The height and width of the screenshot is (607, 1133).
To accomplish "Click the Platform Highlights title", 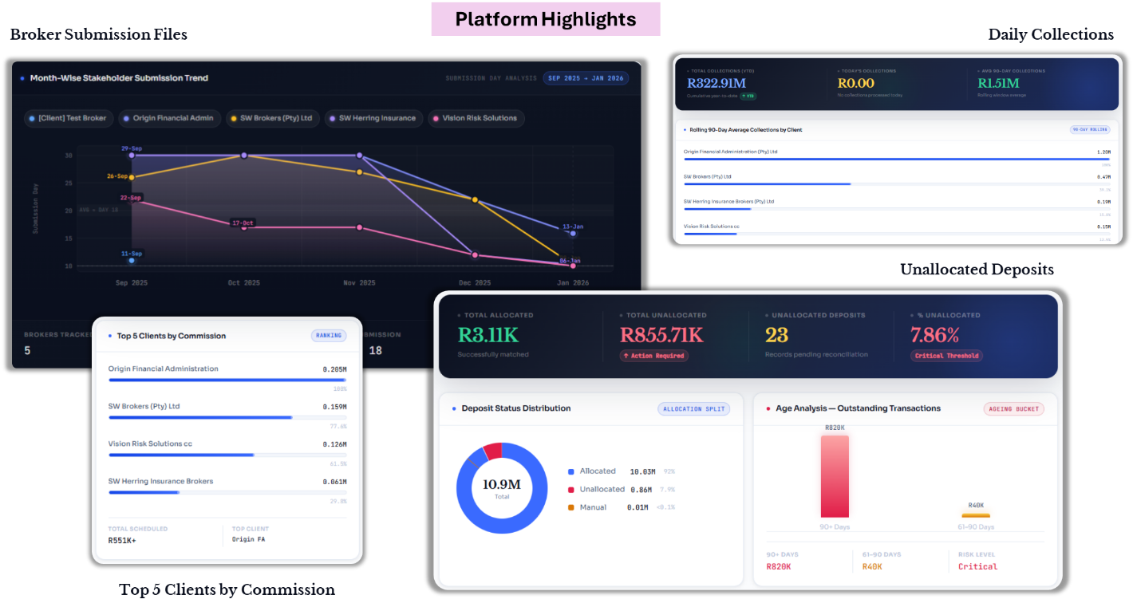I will pyautogui.click(x=546, y=19).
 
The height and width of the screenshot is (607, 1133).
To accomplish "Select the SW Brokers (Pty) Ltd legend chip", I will pyautogui.click(x=270, y=118).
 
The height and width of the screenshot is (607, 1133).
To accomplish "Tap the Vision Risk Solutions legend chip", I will pyautogui.click(x=475, y=118).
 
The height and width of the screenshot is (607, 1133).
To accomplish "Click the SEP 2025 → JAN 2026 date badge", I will pyautogui.click(x=586, y=78).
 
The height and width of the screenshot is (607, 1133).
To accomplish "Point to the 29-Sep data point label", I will pyautogui.click(x=131, y=148).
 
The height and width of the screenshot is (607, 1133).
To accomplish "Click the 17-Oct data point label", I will pyautogui.click(x=243, y=223).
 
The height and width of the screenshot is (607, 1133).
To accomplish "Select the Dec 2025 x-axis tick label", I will pyautogui.click(x=475, y=283).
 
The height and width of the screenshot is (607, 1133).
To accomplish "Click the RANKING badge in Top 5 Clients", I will pyautogui.click(x=328, y=336).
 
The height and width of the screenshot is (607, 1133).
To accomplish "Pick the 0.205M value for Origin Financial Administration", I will pyautogui.click(x=334, y=369).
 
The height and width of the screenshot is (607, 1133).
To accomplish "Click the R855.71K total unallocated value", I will pyautogui.click(x=661, y=335).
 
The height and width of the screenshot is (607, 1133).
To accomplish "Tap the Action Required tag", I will pyautogui.click(x=653, y=356).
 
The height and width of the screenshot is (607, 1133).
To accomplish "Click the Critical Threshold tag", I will pyautogui.click(x=946, y=356).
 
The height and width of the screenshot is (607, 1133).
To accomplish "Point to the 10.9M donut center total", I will pyautogui.click(x=502, y=484).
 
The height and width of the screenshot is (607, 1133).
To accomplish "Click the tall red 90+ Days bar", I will pyautogui.click(x=835, y=476).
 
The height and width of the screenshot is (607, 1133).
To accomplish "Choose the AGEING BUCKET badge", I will pyautogui.click(x=1013, y=408).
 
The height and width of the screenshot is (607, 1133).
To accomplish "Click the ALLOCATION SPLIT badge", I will pyautogui.click(x=693, y=408).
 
